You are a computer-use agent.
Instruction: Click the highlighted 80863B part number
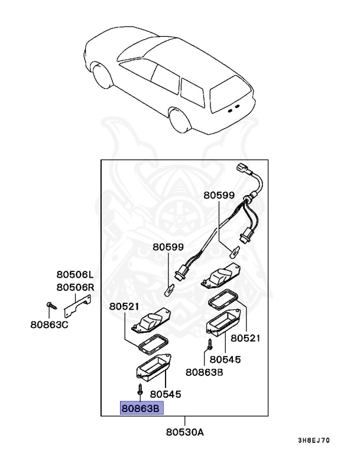[x=141, y=408]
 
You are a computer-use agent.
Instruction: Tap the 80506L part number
[x=75, y=275]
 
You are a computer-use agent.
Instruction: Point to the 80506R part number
[x=75, y=287]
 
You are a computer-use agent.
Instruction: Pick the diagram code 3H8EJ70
[x=313, y=440]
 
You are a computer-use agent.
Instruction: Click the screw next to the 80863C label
[x=49, y=306]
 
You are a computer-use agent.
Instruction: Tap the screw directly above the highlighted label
[x=141, y=391]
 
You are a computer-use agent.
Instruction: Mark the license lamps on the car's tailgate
[x=233, y=108]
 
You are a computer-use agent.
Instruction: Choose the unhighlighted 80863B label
[x=204, y=372]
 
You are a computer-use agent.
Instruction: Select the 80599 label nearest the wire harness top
[x=219, y=195]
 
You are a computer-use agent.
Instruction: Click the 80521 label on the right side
[x=245, y=338]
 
